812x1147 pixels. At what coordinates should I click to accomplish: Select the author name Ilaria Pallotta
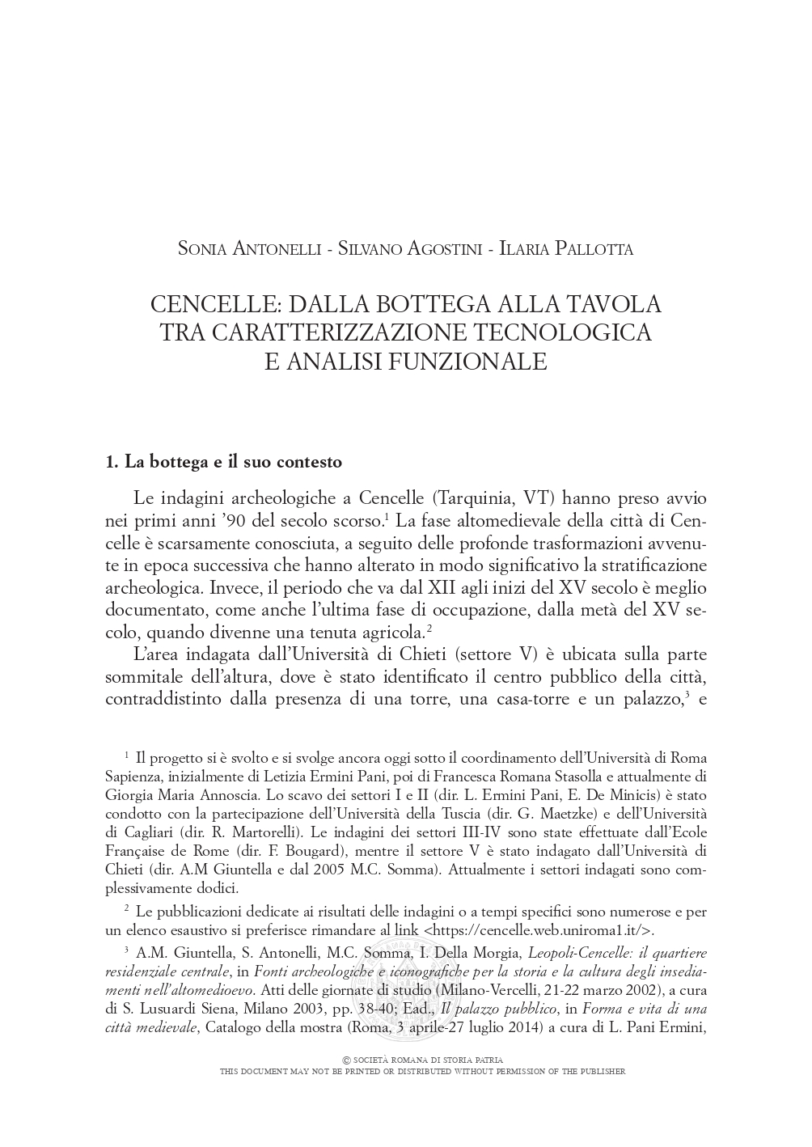coord(566,248)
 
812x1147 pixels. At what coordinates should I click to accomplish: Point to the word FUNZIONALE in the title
coord(467,361)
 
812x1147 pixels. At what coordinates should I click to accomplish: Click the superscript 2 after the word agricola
coord(429,628)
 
